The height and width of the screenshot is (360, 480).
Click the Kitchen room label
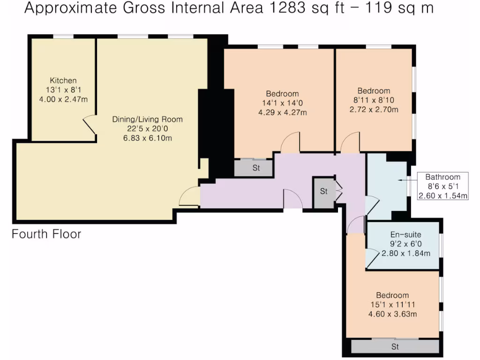click(63, 81)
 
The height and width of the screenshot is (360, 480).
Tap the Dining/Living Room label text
click(147, 119)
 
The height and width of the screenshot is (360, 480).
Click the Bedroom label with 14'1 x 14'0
click(282, 94)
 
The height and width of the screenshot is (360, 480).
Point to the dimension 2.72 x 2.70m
click(374, 110)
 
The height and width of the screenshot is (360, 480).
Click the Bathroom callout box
click(442, 187)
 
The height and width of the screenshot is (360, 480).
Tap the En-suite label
click(405, 235)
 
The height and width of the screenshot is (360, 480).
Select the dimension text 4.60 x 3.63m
click(392, 314)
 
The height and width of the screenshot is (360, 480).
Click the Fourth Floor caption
click(46, 233)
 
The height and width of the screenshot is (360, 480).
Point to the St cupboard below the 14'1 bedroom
click(255, 168)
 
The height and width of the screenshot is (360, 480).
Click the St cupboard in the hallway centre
click(324, 192)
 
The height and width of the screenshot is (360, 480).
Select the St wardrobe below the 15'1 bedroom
click(395, 347)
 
